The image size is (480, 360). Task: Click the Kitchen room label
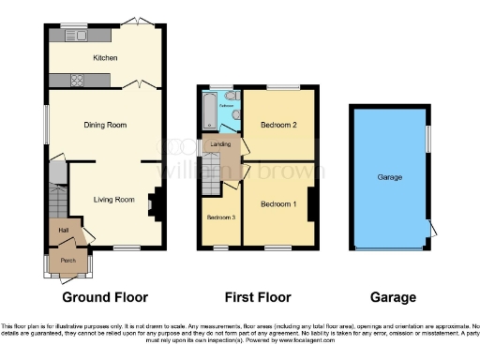click(x=105, y=58)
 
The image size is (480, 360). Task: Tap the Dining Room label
click(x=105, y=124)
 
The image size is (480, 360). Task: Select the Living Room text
click(x=112, y=199)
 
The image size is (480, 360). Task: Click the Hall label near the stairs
click(x=64, y=230)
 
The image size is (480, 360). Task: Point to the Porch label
click(x=67, y=261)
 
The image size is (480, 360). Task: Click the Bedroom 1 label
click(x=278, y=204)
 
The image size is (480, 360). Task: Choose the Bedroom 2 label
click(x=278, y=125)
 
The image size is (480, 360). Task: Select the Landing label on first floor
click(x=220, y=145)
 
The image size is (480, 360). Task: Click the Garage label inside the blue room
click(x=390, y=177)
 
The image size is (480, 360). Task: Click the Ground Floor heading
click(x=105, y=297)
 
